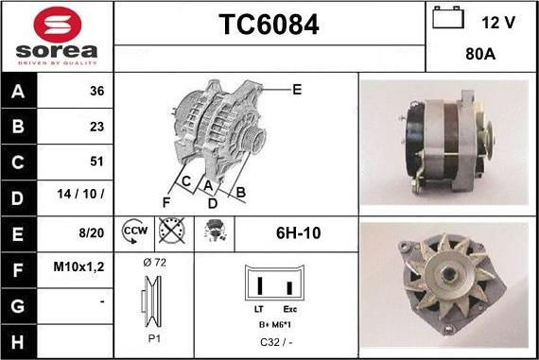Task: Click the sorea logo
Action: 56,36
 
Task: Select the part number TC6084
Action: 269,25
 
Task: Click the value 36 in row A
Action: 96,92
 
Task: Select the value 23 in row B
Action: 96,126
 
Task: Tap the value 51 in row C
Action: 96,161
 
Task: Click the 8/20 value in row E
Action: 91,231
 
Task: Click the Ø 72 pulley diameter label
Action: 154,262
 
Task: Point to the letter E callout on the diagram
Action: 297,90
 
